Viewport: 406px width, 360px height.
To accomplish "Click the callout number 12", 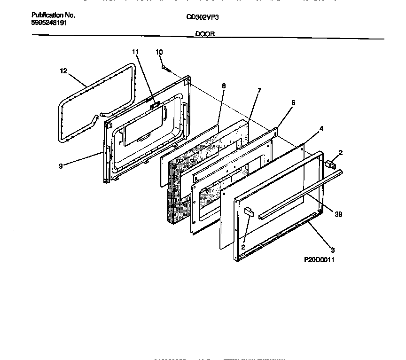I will (64, 71).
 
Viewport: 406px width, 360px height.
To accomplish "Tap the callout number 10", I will (159, 52).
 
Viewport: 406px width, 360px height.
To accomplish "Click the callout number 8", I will (223, 86).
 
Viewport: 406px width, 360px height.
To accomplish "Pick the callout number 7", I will (259, 90).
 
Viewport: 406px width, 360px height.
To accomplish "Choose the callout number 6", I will (293, 103).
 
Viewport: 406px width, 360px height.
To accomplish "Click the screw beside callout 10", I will (165, 69).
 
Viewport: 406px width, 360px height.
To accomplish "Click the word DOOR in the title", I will (205, 34).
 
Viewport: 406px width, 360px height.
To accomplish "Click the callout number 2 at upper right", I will (341, 153).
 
